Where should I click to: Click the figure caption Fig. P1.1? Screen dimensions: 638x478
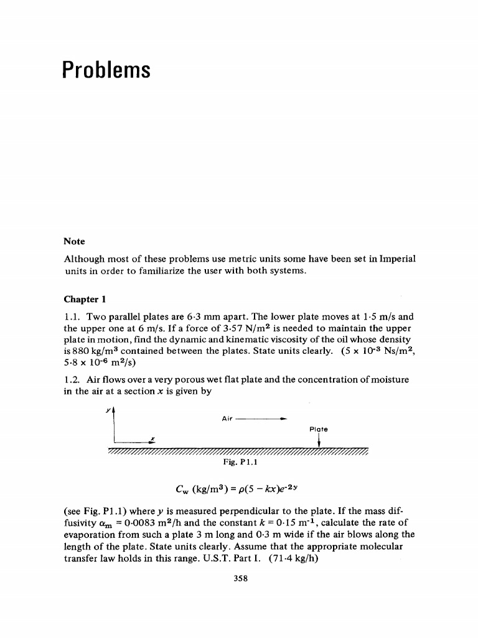(x=239, y=463)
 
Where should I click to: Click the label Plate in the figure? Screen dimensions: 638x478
(x=317, y=429)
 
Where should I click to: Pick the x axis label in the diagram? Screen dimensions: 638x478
(x=152, y=438)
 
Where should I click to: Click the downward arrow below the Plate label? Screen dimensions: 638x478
(x=319, y=441)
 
